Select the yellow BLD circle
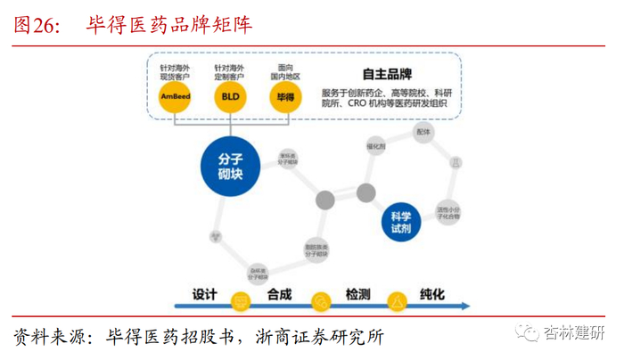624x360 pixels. [230, 97]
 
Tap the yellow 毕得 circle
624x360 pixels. [287, 97]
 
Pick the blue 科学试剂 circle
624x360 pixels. [401, 221]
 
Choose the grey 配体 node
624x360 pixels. [423, 132]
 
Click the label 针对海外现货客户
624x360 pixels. [177, 70]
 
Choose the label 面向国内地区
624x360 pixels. [287, 70]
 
